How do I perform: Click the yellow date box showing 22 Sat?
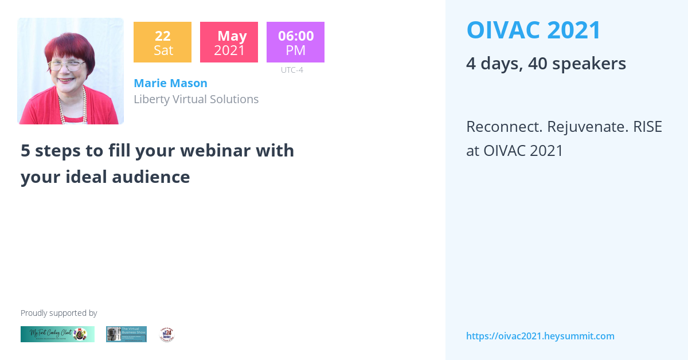coord(162,42)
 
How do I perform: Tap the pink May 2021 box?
coord(229,42)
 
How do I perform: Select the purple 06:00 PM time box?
coord(295,42)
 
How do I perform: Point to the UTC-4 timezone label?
coord(292,70)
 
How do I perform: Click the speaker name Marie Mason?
coord(170,83)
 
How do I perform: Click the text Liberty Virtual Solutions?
coord(196,99)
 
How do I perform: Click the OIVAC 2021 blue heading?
coord(533,30)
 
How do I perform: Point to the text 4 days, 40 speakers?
coord(546,64)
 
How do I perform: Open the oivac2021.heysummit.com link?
coord(540,336)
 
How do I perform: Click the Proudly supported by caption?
coord(58,313)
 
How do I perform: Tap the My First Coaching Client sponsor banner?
coord(57,334)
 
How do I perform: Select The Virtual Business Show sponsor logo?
coord(126,334)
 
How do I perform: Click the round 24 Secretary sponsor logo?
coord(167,334)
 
